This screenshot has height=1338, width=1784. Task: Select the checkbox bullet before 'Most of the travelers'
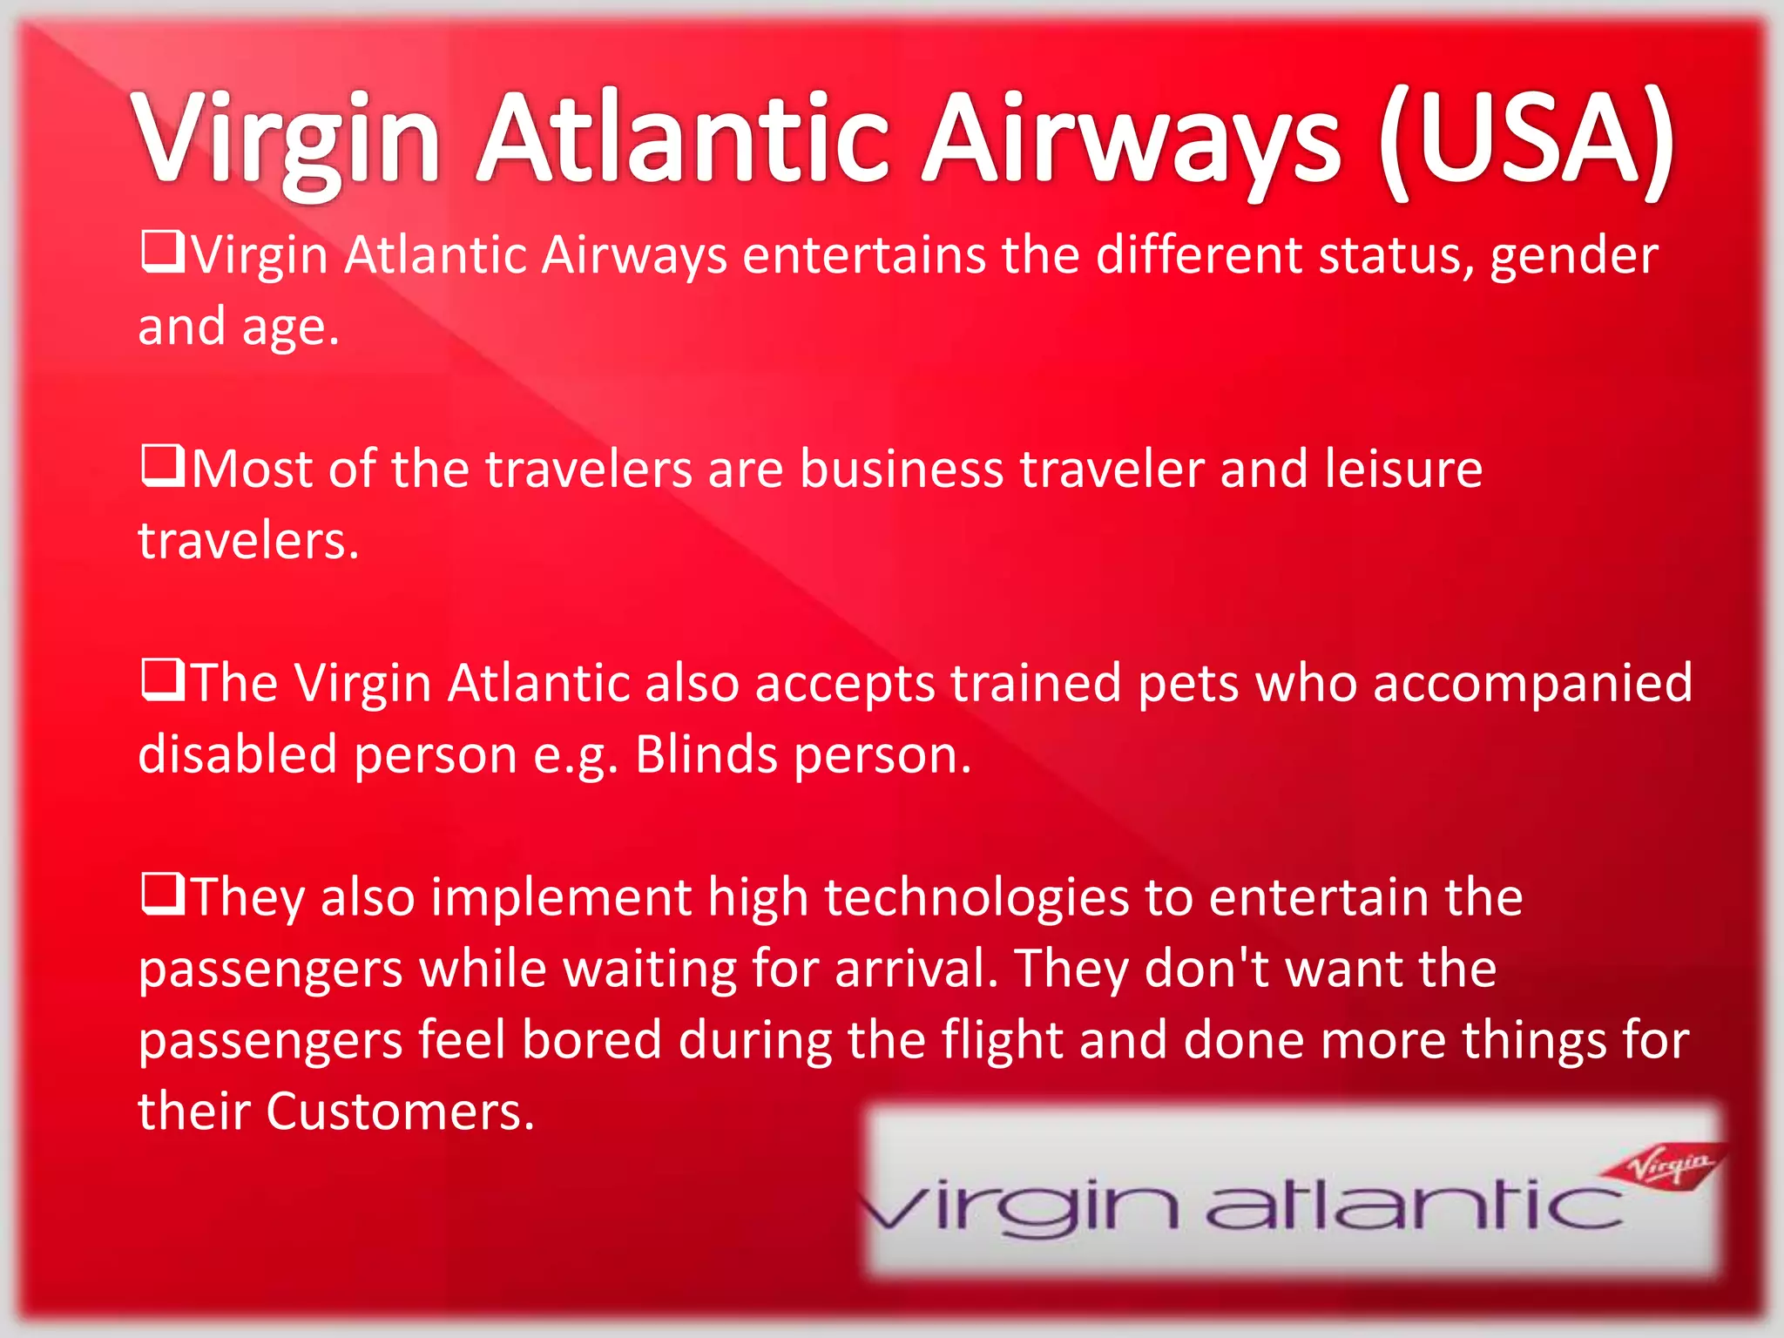tap(162, 465)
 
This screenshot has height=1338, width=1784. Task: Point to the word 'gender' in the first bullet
tap(1573, 258)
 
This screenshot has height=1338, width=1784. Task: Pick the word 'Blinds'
tap(706, 754)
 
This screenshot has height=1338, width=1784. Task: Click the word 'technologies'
tap(976, 899)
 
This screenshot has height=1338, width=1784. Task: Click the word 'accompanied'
tap(1532, 685)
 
